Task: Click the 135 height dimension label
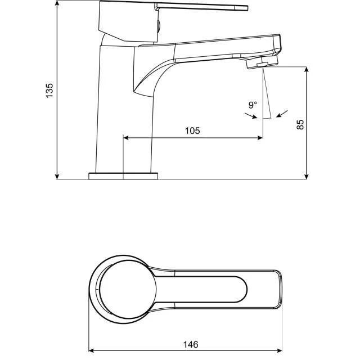tap(49, 91)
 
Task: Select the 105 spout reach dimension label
tap(192, 130)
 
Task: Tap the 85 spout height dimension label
tap(300, 125)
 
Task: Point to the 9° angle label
tap(253, 105)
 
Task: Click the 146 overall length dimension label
tap(191, 344)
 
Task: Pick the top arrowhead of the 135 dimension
tap(57, 3)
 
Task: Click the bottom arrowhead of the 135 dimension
tap(57, 176)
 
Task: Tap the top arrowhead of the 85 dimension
tap(306, 70)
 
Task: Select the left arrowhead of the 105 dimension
tap(126, 138)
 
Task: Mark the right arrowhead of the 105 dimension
tap(260, 138)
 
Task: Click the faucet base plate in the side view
tap(123, 176)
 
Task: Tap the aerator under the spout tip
tap(262, 62)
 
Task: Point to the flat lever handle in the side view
tap(201, 7)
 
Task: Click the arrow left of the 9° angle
tap(251, 115)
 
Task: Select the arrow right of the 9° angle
tap(282, 114)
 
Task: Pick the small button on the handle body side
tap(158, 26)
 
